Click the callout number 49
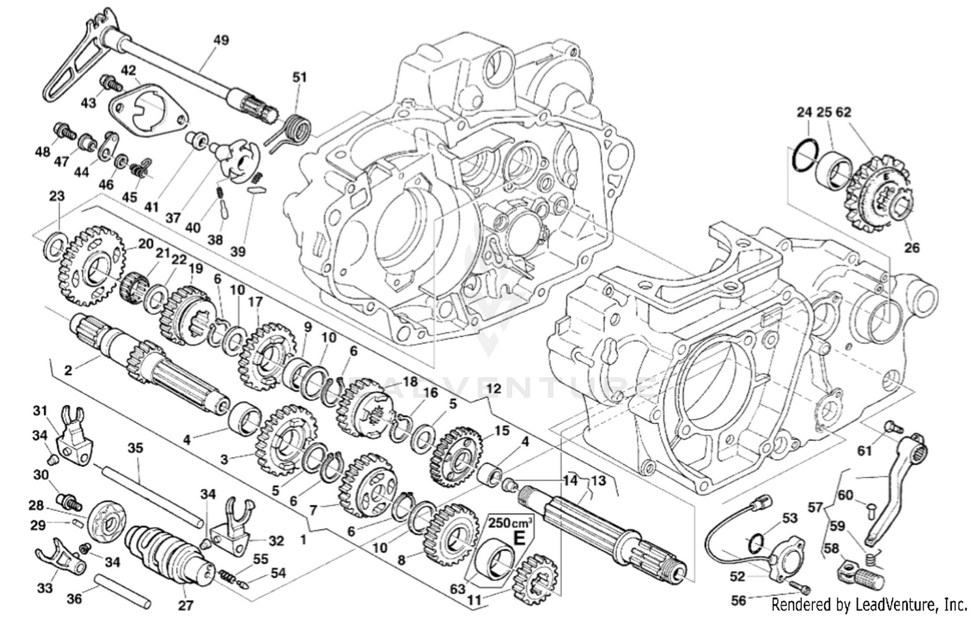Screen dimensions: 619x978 tap(221, 40)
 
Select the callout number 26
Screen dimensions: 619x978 tap(911, 247)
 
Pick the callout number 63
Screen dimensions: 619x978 tap(458, 588)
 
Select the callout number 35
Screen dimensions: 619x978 tap(135, 448)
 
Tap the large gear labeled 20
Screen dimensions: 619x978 tap(91, 265)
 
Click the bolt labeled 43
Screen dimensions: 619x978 tap(109, 83)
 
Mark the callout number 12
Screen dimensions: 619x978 tap(494, 388)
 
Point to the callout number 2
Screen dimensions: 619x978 tap(68, 370)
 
